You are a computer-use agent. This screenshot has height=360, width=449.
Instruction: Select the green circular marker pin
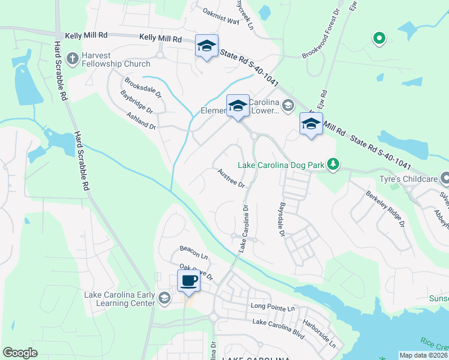[379, 39]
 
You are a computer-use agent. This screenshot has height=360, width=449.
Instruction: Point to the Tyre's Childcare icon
[445, 178]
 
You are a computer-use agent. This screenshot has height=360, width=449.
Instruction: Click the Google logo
[20, 353]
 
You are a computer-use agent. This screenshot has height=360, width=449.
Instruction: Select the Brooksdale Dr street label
[143, 87]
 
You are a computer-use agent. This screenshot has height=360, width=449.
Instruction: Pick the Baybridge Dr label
[137, 102]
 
